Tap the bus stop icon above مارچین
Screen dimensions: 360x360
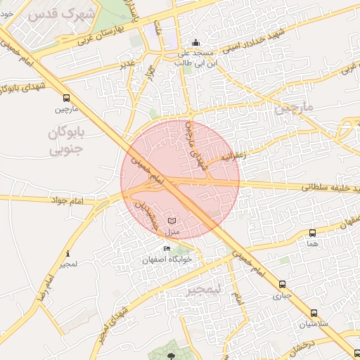[x=66, y=98]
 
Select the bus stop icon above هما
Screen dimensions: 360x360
[x=312, y=232]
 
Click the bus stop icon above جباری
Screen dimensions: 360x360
[x=282, y=285]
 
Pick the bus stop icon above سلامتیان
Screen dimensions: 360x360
[x=313, y=313]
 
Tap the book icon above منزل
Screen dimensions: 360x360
[x=172, y=221]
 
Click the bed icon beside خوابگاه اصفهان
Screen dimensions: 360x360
[x=167, y=248]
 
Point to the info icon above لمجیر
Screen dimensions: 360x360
[x=67, y=254]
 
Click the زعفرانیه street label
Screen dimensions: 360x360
[x=235, y=156]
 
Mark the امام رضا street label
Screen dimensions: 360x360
[x=44, y=288]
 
